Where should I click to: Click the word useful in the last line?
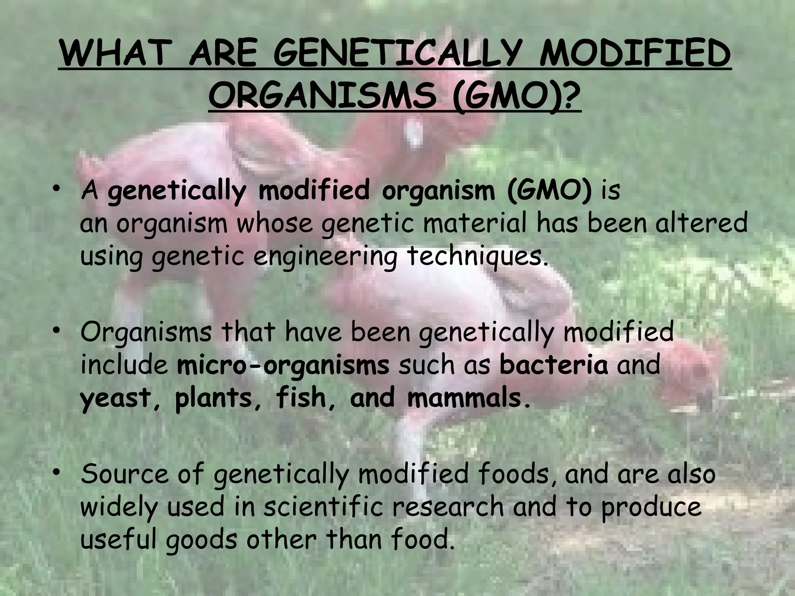tap(120, 540)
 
